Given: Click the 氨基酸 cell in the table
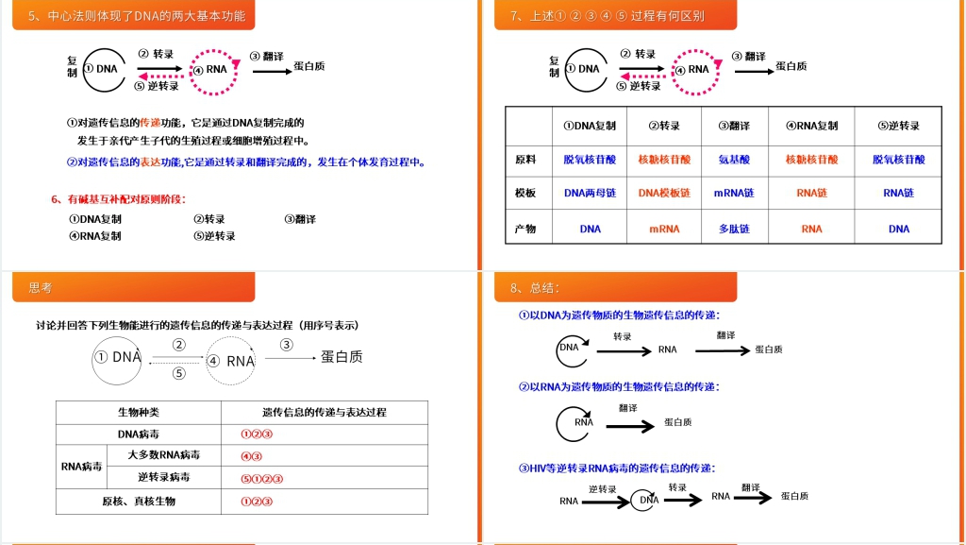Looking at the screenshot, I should pos(734,161).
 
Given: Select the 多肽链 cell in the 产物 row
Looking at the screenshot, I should pos(734,229).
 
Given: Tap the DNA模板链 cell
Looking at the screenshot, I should pos(664,193).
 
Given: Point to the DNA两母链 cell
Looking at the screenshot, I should pos(590,193).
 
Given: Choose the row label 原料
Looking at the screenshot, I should pos(525,161).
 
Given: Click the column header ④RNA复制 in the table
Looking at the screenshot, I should pos(811,126).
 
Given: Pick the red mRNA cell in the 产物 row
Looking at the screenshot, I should pos(664,229).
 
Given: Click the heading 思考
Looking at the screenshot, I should pos(41,288).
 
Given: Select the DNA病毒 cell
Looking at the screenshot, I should pos(139,434).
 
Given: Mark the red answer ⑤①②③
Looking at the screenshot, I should pos(262,478).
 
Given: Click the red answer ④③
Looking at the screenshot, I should pos(252,456).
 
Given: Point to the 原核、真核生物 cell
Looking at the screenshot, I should pos(139,502).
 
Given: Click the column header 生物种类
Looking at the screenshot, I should pos(139,413).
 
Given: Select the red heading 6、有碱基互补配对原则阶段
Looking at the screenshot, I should pos(119,198).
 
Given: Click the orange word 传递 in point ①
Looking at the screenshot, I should pos(151,123).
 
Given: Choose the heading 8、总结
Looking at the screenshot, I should pos(534,288).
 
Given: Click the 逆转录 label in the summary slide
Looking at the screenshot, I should pos(603,488).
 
